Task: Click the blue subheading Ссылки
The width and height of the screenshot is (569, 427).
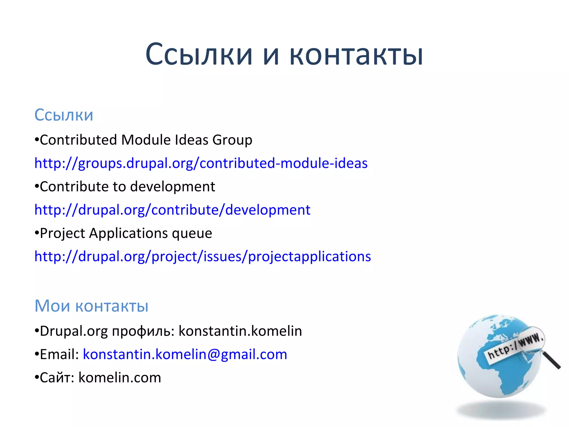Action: [x=64, y=115]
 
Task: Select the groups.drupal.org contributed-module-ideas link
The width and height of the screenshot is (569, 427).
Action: [x=201, y=163]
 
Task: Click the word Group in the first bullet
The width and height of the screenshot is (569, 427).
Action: [x=232, y=140]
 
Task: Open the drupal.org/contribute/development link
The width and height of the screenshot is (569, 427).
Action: [x=172, y=210]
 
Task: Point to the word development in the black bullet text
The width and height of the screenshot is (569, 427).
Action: [x=172, y=187]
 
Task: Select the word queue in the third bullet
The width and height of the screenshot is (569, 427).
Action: [x=192, y=233]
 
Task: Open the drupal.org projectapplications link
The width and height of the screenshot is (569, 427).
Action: [x=203, y=256]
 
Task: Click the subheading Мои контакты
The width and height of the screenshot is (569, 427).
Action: [x=91, y=306]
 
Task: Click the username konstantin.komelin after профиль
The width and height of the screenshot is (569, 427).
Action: [x=240, y=331]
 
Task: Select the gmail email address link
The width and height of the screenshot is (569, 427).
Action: [x=185, y=354]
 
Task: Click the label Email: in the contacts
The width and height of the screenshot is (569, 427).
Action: [x=59, y=354]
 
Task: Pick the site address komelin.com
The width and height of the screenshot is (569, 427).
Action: [x=120, y=378]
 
